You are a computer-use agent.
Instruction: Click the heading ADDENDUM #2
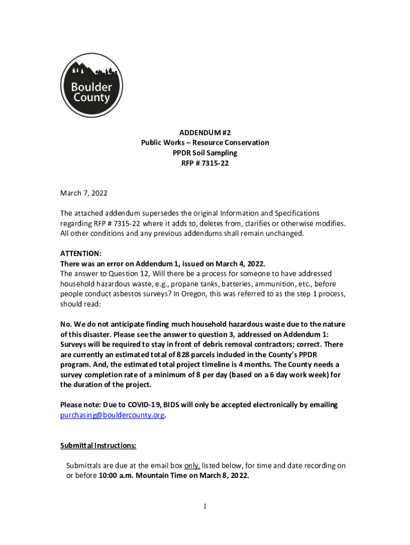(x=204, y=133)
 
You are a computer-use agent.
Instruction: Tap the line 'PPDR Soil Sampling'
(x=204, y=153)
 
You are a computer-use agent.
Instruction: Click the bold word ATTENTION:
(x=81, y=254)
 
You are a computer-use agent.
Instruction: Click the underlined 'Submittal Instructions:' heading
(x=99, y=445)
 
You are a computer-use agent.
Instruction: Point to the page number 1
(x=205, y=507)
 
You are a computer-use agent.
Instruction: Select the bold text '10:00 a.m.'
(x=116, y=476)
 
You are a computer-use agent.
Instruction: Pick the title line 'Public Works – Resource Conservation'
(x=204, y=143)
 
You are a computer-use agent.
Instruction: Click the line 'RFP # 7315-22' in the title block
(x=204, y=163)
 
